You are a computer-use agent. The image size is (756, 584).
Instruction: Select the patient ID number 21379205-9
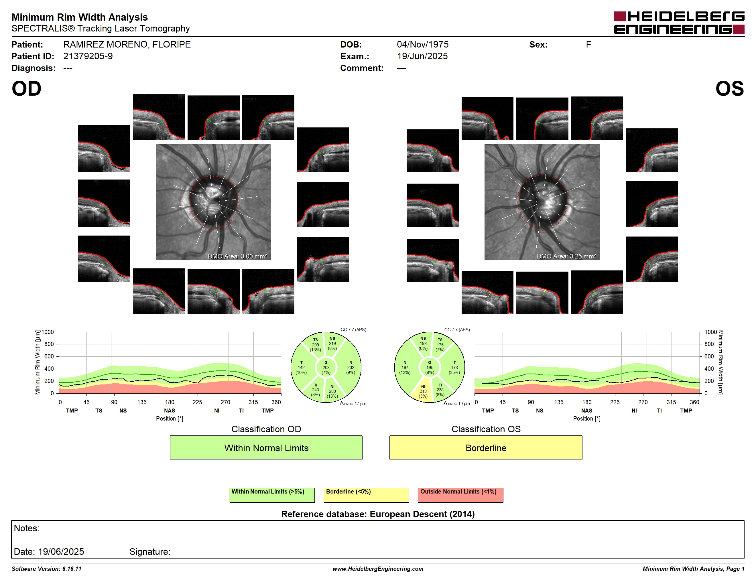point(88,56)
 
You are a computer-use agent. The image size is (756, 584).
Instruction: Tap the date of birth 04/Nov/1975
point(422,44)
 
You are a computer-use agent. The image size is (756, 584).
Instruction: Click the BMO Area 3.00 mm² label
point(237,257)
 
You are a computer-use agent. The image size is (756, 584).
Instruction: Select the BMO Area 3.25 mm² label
point(566,257)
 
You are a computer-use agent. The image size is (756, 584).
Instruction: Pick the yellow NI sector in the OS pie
point(423,390)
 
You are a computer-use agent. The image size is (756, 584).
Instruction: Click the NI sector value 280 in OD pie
point(332,391)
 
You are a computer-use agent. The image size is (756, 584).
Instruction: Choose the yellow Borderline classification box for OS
point(486,447)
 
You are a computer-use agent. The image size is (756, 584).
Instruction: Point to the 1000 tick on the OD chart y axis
point(48,332)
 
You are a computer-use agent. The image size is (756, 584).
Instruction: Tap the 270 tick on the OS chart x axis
point(643,402)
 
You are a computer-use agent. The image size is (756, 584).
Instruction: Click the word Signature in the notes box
point(149,551)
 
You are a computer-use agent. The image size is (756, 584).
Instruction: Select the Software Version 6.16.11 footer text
point(46,569)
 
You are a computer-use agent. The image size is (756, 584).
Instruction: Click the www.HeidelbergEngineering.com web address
point(378,569)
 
